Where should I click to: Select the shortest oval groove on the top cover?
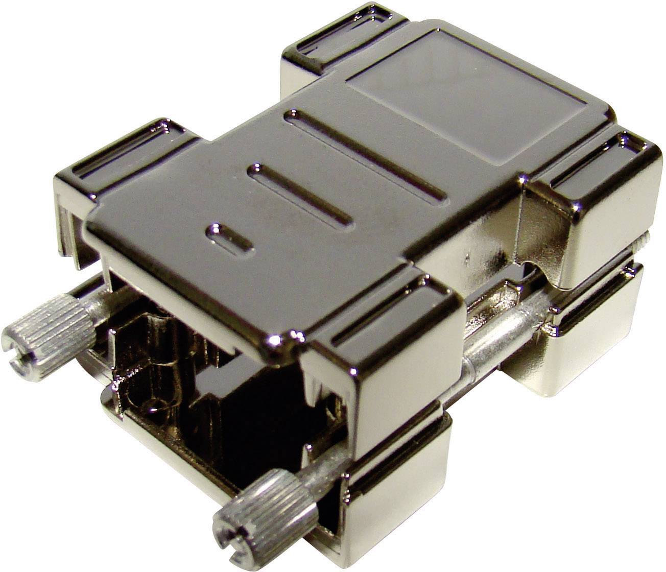pos(229,237)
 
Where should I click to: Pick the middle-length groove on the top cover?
pos(299,195)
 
